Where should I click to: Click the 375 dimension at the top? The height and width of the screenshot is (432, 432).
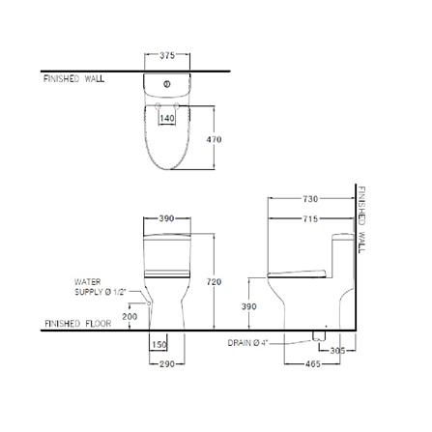167,55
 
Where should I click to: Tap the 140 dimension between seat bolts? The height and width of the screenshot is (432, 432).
167,118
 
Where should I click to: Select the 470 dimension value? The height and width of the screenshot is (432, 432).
214,139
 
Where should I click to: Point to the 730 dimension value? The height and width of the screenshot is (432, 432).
310,199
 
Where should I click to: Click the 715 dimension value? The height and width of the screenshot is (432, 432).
310,219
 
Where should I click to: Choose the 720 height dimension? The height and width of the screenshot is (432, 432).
214,282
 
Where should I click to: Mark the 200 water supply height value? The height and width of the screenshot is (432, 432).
130,317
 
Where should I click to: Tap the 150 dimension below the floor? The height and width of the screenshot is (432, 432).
159,345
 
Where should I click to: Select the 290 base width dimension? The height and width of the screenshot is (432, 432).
167,364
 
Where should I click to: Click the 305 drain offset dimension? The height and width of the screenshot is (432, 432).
337,350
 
